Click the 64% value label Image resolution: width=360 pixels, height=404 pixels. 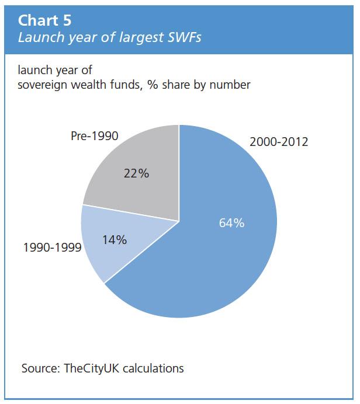coord(231,223)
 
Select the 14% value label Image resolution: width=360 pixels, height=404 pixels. coord(115,239)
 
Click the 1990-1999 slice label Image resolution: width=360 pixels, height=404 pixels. coord(51,247)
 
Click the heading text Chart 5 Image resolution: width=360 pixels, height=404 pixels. coord(45,20)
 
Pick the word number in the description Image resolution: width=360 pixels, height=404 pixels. coord(231,85)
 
